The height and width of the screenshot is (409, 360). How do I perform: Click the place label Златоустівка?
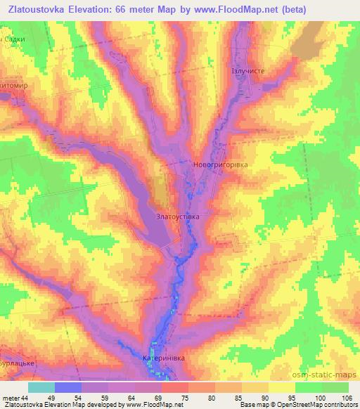coord(178,217)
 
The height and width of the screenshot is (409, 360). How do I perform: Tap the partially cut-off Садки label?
coord(14,39)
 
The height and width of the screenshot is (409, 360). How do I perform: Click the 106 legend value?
coord(347,397)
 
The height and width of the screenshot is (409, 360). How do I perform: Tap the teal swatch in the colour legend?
coord(41,387)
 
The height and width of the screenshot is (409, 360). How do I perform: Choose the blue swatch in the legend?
coord(68,387)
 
